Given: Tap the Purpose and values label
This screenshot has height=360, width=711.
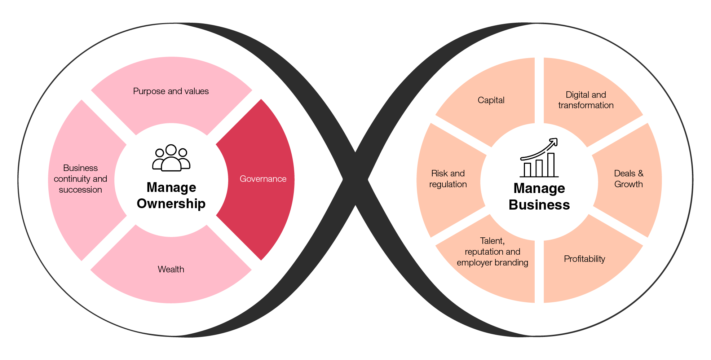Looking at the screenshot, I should coord(171,91).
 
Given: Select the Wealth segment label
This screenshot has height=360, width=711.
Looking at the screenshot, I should coord(171,269).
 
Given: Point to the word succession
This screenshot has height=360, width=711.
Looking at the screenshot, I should coord(80,190).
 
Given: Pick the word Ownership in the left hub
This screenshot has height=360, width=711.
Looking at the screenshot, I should coord(171,204).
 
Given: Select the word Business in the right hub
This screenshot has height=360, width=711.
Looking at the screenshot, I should coord(539,205).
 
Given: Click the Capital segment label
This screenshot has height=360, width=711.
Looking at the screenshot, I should coord(491,100).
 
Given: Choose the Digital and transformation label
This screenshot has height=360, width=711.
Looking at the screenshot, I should coord(586,100).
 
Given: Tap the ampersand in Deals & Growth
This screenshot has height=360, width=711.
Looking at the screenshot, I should coord(640,174).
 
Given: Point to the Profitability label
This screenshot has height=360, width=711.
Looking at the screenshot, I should coord(584,259).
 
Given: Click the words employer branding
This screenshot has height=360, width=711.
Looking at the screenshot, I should coord(492,263).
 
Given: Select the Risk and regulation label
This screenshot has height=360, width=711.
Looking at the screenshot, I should coord(448,179).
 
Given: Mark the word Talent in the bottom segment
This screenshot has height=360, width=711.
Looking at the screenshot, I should coord(492,241).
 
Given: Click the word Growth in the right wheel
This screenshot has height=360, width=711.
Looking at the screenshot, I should coord(628,184).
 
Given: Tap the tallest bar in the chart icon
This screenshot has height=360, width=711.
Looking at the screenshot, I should coord(551,165).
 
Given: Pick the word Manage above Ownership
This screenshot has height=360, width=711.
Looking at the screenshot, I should coord(171,188).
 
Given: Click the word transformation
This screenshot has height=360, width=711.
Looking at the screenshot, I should coord(586,105).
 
